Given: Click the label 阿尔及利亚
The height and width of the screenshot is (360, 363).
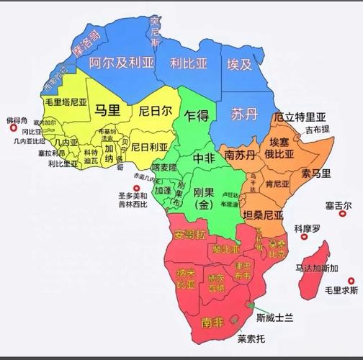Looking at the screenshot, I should (120, 63).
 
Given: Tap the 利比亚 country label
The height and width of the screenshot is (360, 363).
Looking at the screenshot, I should (189, 63).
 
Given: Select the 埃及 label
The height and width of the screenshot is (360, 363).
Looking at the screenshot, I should (240, 64).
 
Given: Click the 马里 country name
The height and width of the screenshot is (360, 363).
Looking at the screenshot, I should (109, 111).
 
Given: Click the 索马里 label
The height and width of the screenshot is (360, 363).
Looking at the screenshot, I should (315, 174).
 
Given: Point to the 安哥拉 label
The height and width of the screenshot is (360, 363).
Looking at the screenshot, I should (189, 234).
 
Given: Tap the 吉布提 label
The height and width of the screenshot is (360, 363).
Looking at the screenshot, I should (317, 130).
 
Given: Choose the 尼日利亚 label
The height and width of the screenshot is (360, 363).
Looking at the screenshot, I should (153, 147).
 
